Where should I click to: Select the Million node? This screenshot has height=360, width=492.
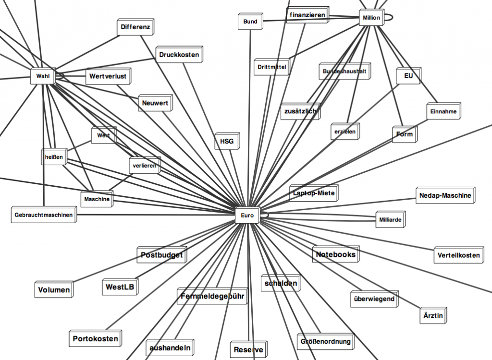(371, 18)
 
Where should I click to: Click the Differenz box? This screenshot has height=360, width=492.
(135, 27)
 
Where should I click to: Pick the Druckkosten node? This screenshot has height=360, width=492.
(179, 55)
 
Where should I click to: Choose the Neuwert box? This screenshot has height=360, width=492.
(155, 103)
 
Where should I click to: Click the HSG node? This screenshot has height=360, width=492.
(226, 142)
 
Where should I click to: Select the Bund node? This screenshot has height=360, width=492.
(250, 22)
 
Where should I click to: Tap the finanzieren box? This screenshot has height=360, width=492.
(307, 15)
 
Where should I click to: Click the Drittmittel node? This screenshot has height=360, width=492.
(271, 67)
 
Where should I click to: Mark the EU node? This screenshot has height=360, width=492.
(408, 76)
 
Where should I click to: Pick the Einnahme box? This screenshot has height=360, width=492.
(443, 112)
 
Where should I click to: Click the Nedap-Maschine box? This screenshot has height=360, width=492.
(445, 195)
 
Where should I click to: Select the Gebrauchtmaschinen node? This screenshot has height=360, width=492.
(43, 215)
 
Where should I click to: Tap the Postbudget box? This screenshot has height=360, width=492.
(161, 255)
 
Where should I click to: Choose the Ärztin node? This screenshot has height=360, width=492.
(433, 315)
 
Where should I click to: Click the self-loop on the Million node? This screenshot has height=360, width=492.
(391, 18)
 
